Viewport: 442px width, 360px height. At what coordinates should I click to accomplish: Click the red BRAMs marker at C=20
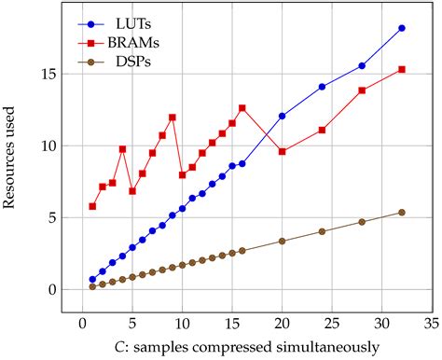(282, 151)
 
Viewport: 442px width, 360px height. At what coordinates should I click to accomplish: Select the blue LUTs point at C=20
(282, 116)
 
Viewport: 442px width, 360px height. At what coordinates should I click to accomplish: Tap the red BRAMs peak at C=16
(242, 108)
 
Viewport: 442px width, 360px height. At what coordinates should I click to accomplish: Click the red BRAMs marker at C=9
(173, 118)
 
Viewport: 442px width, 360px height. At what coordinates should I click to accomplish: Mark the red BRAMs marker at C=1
(92, 206)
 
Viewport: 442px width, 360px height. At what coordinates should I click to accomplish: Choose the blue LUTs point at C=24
(322, 87)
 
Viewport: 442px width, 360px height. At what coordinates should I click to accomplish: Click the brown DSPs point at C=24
(322, 231)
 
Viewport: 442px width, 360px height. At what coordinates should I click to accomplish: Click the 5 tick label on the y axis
(52, 217)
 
